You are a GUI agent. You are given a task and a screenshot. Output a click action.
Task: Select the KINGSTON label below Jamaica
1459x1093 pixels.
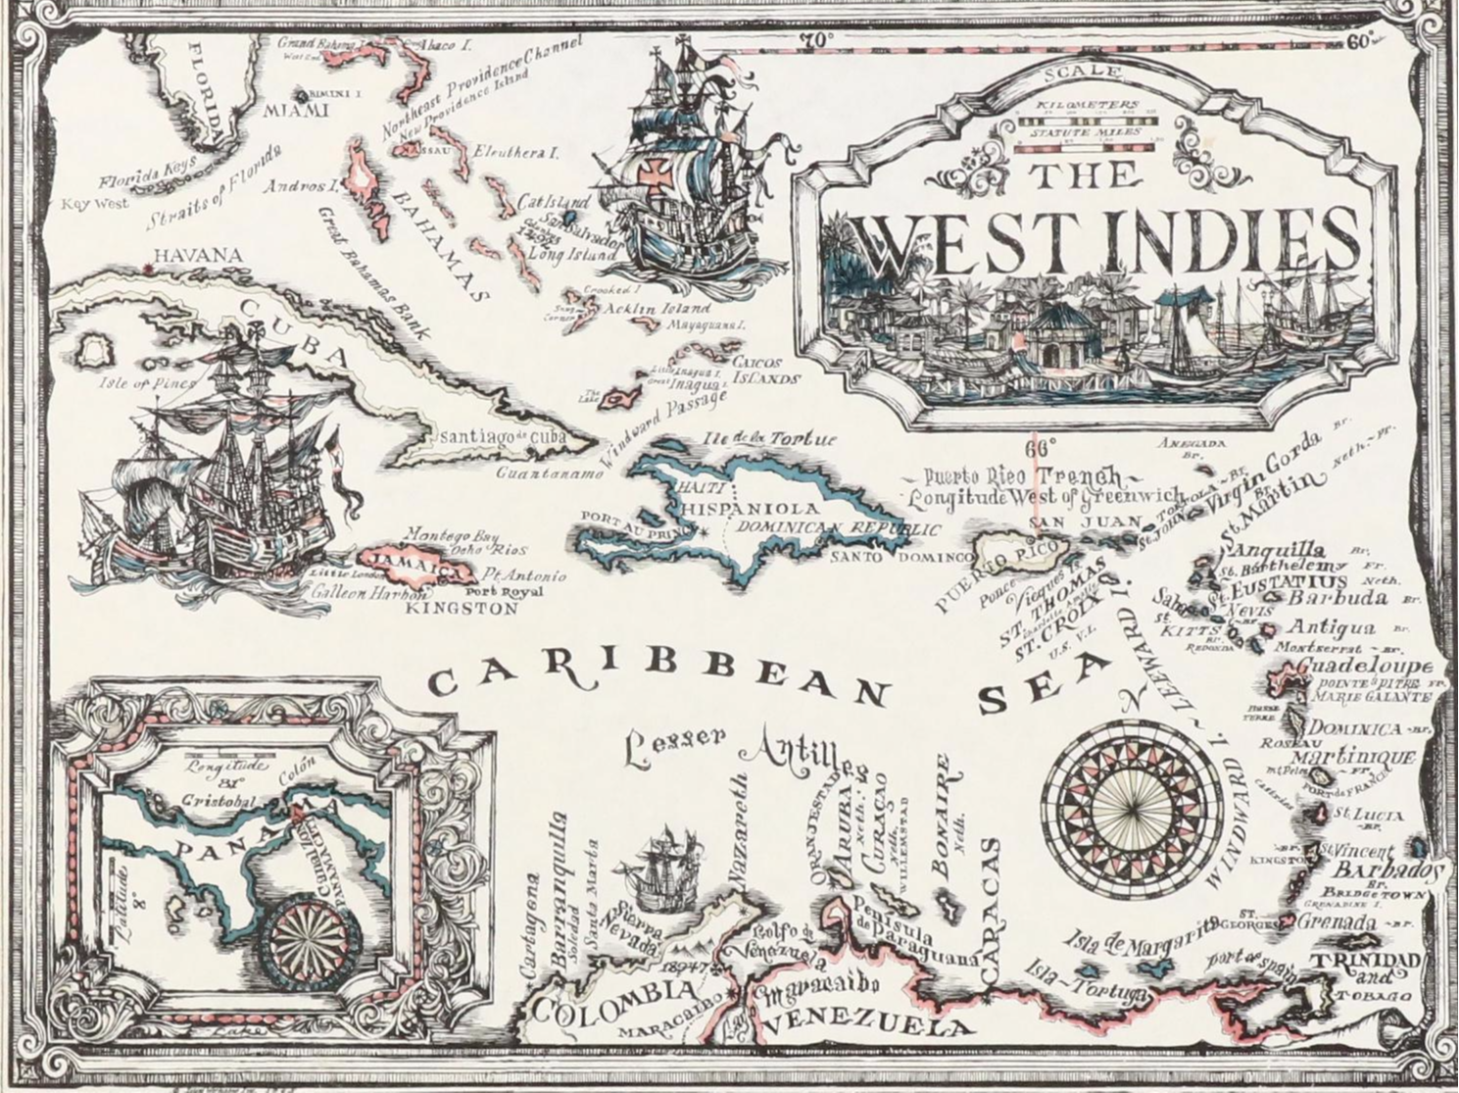(x=462, y=609)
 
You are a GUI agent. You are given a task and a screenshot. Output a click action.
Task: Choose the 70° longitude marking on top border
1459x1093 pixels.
(x=815, y=40)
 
